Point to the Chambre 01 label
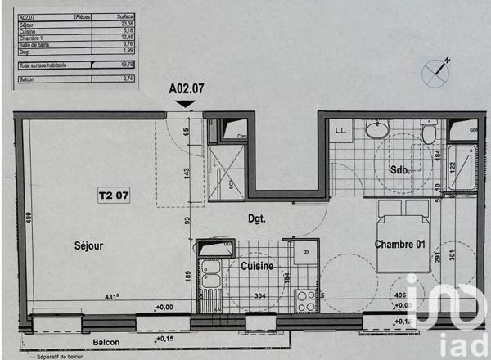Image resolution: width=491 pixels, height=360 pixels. click(x=402, y=245)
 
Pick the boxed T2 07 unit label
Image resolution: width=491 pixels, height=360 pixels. click(x=115, y=196)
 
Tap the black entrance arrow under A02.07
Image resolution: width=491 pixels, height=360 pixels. click(x=187, y=101)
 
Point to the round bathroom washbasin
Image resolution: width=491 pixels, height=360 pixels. click(x=377, y=131)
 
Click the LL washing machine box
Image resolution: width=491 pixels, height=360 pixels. click(x=340, y=130)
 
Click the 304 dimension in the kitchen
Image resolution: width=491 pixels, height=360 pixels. click(x=259, y=295)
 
